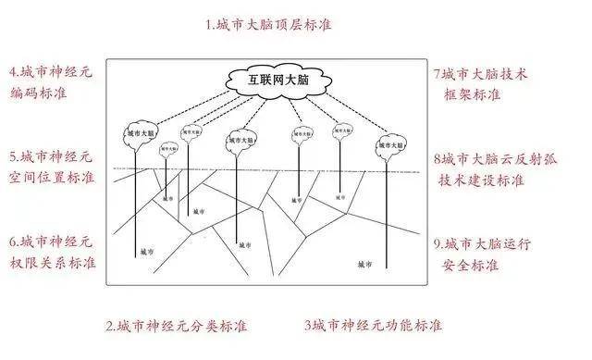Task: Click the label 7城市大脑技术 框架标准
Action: tap(481, 81)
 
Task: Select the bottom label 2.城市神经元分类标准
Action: tap(177, 326)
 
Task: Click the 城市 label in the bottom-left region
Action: tap(147, 252)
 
